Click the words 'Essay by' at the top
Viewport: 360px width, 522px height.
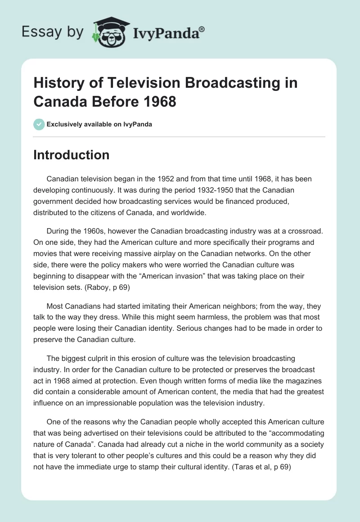click(52, 32)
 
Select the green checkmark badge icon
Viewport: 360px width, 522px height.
click(39, 124)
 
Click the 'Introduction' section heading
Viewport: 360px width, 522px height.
click(72, 155)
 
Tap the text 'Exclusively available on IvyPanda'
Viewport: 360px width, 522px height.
click(99, 124)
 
